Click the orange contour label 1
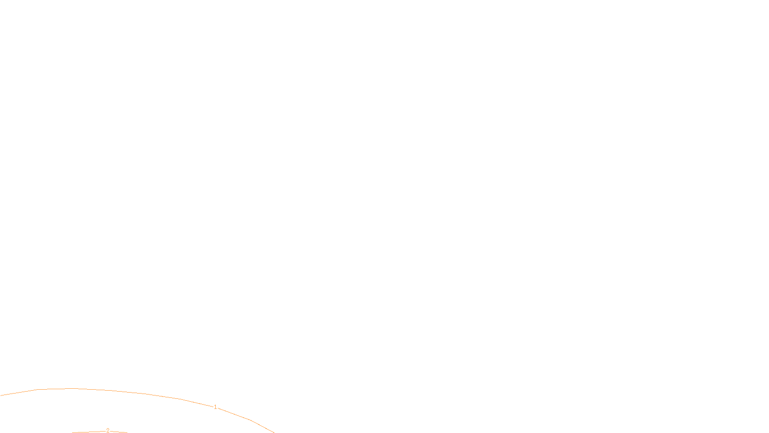tap(215, 407)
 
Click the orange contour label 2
tap(108, 431)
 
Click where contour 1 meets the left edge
tap(0, 395)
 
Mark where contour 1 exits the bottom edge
tap(273, 432)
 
